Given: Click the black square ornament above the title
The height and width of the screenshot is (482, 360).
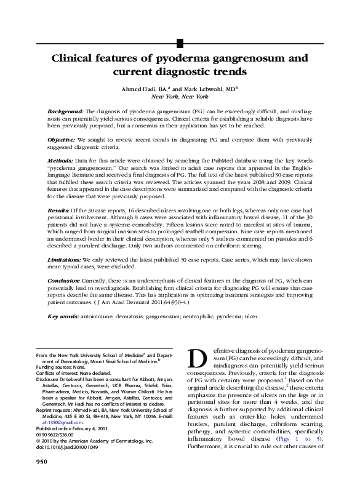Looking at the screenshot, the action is pos(180,43).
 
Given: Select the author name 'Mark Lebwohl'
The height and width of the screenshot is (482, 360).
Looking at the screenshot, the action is pos(210,89).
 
